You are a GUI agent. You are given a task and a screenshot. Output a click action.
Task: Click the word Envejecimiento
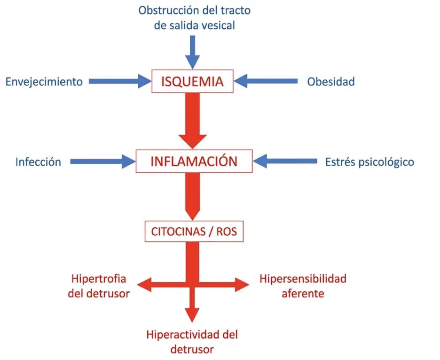pos(44,82)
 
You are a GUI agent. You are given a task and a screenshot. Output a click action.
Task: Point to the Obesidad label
pos(331,82)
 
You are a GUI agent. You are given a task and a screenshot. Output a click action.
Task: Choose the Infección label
pos(38,162)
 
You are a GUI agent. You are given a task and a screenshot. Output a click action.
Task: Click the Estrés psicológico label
pos(369,162)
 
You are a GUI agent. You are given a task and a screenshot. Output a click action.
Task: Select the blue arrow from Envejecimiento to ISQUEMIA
pos(120,81)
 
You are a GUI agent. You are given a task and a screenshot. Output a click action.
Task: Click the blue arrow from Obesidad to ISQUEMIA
pos(266,81)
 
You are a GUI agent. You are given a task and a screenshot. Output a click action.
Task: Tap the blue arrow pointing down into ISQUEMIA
pos(193,52)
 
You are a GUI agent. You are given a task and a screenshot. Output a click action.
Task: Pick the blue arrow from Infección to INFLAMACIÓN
pos(103,161)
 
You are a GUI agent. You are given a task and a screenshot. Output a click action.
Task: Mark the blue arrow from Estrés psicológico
pos(285,161)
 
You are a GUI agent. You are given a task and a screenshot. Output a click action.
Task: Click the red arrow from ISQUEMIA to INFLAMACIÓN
pos(193,121)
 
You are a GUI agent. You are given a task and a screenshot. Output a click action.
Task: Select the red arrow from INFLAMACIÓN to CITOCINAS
pos(193,197)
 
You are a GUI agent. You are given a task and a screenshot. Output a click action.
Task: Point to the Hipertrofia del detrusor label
pos(99,286)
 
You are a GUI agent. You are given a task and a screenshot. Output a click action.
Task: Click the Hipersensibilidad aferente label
pos(303,286)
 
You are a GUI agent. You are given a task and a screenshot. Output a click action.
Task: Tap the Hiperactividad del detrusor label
pos(192,342)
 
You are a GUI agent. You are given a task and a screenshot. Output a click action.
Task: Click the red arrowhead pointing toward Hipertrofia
pos(144,285)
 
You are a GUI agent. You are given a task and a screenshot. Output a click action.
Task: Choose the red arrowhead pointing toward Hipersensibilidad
pos(242,285)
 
